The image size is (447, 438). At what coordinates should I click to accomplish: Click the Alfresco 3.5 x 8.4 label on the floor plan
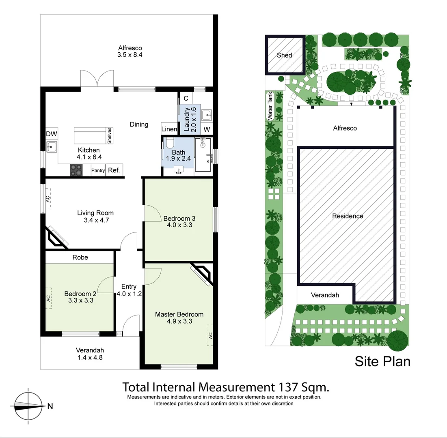[x=130, y=51]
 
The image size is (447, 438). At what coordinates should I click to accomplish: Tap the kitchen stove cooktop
[x=76, y=170]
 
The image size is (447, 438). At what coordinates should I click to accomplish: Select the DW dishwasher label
[x=51, y=134]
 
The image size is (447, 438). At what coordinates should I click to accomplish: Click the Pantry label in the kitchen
[x=98, y=171]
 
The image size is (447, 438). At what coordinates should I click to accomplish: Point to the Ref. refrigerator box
[x=114, y=170]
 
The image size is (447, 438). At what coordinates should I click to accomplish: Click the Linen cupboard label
[x=169, y=129]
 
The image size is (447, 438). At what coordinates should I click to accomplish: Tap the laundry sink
[x=206, y=115]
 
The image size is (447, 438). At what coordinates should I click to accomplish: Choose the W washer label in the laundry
[x=207, y=129]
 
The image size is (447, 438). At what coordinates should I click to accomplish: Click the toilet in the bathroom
[x=169, y=142]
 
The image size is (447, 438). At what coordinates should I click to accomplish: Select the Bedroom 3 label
[x=179, y=221]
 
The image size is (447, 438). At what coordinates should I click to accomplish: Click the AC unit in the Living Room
[x=48, y=199]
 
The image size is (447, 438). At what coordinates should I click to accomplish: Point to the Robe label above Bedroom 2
[x=80, y=257]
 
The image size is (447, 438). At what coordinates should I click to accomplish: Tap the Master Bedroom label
[x=179, y=318]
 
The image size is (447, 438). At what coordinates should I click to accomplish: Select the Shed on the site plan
[x=284, y=55]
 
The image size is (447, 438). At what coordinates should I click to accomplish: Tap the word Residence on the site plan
[x=348, y=216]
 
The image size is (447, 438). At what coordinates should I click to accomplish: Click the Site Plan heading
[x=382, y=361]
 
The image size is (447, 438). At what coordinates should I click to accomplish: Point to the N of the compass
[x=50, y=406]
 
